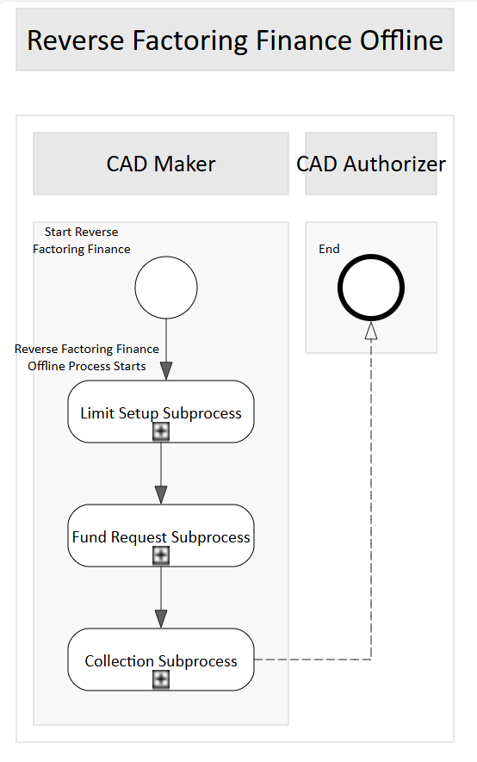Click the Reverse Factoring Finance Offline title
tap(234, 40)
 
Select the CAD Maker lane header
tap(161, 164)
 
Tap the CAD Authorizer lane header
tap(371, 164)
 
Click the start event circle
tap(166, 288)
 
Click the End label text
tap(329, 249)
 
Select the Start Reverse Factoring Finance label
tap(82, 240)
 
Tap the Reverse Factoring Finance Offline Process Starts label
tap(87, 357)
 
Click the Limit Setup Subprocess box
tap(161, 412)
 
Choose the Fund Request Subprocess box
tap(161, 536)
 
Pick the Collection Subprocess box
tap(161, 660)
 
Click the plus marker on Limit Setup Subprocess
tap(161, 431)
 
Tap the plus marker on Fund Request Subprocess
tap(161, 555)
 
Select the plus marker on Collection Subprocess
tap(161, 679)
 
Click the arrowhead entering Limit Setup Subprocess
tap(166, 371)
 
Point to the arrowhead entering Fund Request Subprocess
tap(161, 495)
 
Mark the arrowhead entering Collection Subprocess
tap(161, 618)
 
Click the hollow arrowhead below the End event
tap(371, 331)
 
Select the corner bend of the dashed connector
tap(371, 660)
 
